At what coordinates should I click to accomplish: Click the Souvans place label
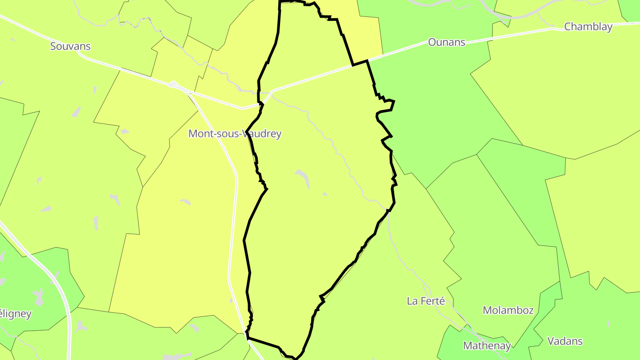tap(70, 46)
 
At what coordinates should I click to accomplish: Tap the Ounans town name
tap(446, 42)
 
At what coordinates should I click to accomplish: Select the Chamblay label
tap(588, 27)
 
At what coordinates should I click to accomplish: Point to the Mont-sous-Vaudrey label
tap(235, 133)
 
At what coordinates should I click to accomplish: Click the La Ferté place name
tap(426, 301)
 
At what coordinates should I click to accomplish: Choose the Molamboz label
tap(508, 310)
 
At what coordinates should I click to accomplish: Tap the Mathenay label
tap(487, 345)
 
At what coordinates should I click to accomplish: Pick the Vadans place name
tap(565, 341)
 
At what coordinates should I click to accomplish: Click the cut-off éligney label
tap(16, 314)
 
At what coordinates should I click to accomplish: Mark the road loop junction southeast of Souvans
tap(174, 84)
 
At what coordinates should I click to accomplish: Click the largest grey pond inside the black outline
tap(303, 176)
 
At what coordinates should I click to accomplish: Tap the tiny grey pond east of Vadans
tap(608, 324)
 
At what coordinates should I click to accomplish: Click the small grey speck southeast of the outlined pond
tap(324, 194)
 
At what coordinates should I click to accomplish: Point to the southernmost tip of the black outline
tap(295, 358)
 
